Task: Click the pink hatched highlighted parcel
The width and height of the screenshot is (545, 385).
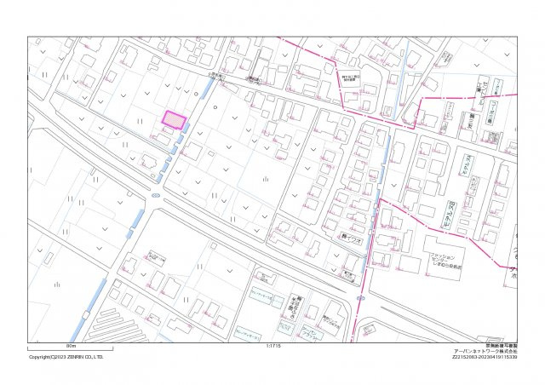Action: tap(173, 120)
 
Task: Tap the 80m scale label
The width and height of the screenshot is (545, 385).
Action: tap(70, 346)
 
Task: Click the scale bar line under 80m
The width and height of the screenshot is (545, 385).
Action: tap(70, 350)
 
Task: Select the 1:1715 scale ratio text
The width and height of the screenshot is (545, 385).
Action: tap(273, 347)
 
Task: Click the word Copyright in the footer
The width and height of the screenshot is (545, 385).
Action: tap(39, 357)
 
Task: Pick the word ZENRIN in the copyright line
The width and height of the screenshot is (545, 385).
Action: tap(74, 357)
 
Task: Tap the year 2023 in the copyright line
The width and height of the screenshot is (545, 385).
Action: tap(60, 357)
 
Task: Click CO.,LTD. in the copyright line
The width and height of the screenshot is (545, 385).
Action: tap(94, 357)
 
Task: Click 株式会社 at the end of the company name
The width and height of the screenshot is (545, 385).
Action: tap(506, 351)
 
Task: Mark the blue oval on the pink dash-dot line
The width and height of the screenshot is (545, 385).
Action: tap(362, 297)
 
